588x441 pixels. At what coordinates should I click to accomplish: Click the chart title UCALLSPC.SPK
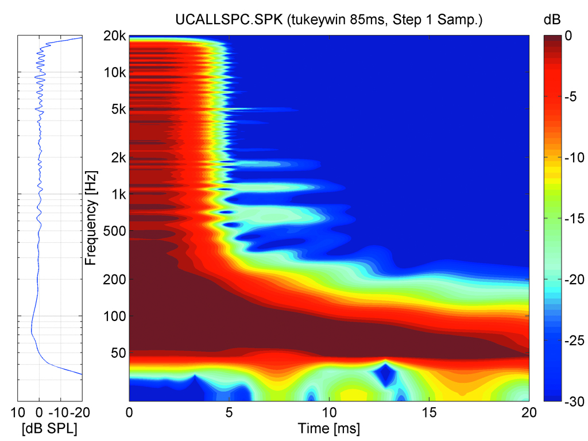pyautogui.click(x=329, y=20)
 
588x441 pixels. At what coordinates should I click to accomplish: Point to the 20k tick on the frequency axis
pyautogui.click(x=117, y=36)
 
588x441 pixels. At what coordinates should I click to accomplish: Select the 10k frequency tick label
pyautogui.click(x=117, y=72)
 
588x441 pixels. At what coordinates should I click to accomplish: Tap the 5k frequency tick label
pyautogui.click(x=119, y=109)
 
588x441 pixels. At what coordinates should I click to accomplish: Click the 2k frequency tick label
pyautogui.click(x=119, y=157)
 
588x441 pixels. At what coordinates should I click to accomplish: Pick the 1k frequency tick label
pyautogui.click(x=119, y=194)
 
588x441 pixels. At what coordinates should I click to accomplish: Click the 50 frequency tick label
pyautogui.click(x=118, y=352)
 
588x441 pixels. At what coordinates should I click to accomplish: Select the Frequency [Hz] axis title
pyautogui.click(x=90, y=217)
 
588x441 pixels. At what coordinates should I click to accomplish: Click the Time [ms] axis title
pyautogui.click(x=329, y=428)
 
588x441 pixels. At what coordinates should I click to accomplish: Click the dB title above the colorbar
pyautogui.click(x=552, y=20)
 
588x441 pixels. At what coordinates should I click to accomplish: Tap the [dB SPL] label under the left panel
pyautogui.click(x=49, y=428)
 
